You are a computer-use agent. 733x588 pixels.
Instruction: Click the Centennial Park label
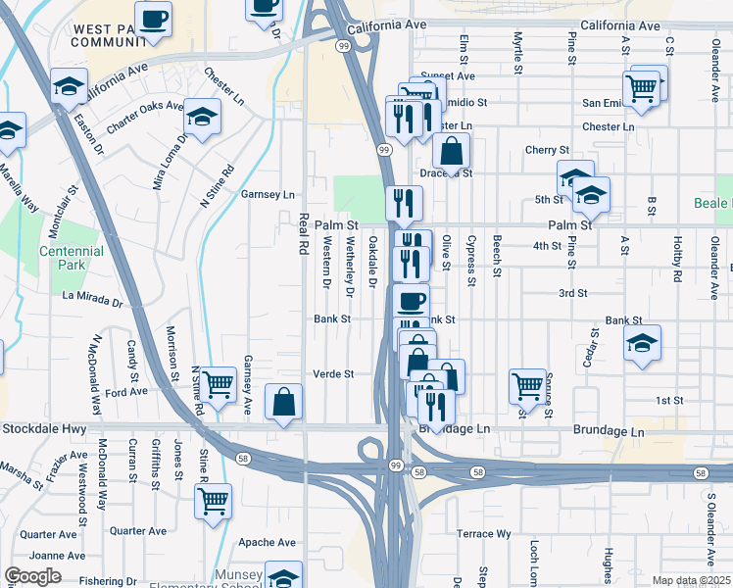tap(70, 259)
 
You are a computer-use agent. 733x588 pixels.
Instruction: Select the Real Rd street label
tap(304, 235)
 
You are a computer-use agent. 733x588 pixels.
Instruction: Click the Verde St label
tap(332, 373)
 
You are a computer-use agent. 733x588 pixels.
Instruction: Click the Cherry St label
tap(547, 150)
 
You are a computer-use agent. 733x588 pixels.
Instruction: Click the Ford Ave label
tap(126, 391)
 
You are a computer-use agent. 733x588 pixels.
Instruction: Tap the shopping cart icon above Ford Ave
tap(218, 383)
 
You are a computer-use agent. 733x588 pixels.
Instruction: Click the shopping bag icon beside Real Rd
tap(283, 402)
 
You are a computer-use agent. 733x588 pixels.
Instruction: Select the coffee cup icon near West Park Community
tap(153, 19)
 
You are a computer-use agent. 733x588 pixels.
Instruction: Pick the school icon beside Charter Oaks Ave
tap(203, 117)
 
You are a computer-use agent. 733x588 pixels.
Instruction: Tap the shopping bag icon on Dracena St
tap(451, 151)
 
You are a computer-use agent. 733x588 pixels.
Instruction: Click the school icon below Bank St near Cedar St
tap(642, 343)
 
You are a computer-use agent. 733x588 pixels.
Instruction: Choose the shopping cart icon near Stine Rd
tap(213, 502)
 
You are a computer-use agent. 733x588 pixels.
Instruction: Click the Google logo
tap(32, 576)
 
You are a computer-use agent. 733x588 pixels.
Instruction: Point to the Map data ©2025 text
tap(691, 580)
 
